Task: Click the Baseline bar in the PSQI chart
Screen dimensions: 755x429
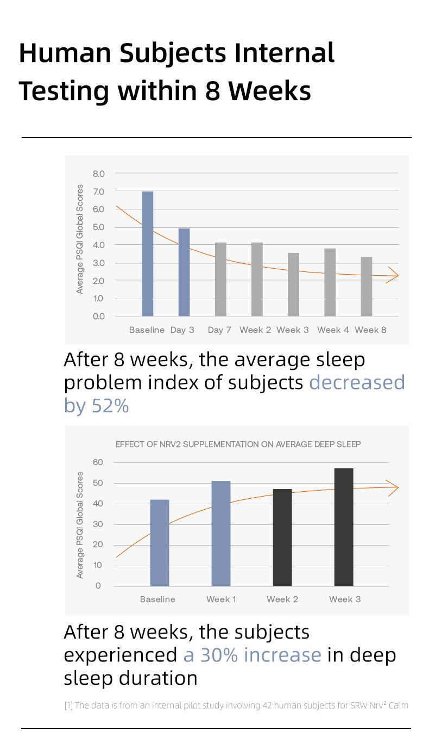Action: [148, 253]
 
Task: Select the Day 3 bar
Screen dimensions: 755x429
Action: [184, 272]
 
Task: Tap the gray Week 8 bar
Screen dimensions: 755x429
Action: [367, 286]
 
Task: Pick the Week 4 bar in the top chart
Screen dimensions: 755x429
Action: [330, 282]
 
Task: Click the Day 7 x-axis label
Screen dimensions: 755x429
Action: [219, 330]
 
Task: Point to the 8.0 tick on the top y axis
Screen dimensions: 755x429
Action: [98, 174]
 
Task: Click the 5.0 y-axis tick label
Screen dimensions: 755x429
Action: [98, 227]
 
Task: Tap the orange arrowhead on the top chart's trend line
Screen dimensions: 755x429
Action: [394, 276]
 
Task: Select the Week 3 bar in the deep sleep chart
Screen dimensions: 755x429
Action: [344, 527]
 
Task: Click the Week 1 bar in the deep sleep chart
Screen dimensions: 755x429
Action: [221, 533]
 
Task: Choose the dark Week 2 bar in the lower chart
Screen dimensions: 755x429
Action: [282, 537]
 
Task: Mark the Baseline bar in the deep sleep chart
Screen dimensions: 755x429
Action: [160, 542]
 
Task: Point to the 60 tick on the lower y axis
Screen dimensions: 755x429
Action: [98, 462]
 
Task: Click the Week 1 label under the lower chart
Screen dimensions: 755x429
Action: [221, 599]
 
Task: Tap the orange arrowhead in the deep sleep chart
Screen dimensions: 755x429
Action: [393, 487]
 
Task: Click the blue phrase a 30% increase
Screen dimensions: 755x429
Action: [253, 655]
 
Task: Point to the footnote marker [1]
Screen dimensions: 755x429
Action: [68, 706]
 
